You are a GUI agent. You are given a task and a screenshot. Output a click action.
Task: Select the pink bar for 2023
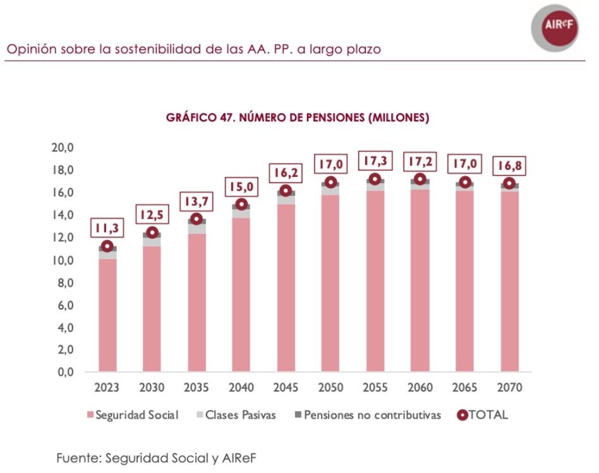107,316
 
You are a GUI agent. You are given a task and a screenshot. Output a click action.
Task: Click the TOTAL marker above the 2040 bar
241,204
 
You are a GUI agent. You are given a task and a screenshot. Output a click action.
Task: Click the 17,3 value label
375,161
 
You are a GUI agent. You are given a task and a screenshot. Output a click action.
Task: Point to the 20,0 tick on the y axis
63,147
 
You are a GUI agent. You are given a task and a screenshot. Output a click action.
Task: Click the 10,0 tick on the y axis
63,260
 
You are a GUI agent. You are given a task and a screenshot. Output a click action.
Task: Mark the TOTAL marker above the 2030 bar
152,232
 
